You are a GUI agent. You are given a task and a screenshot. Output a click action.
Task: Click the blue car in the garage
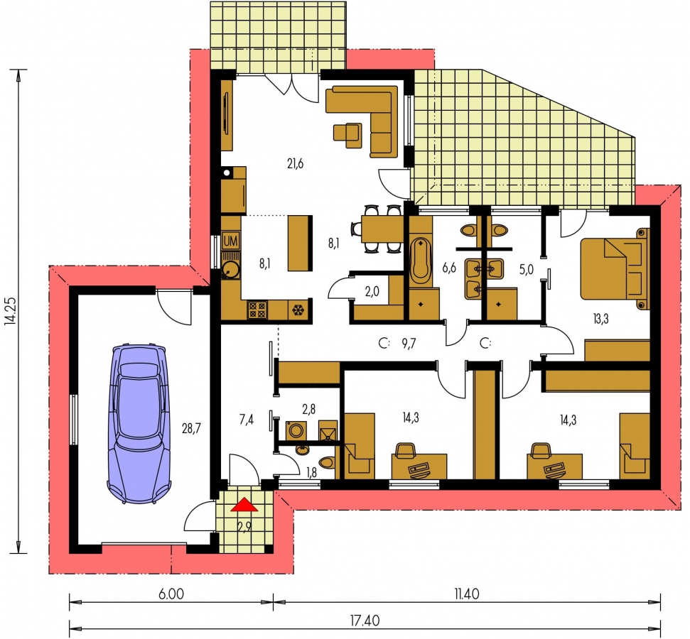pyautogui.click(x=139, y=424)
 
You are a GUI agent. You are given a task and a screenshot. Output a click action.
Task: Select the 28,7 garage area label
pyautogui.click(x=191, y=427)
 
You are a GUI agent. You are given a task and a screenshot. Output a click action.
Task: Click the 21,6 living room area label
pyautogui.click(x=296, y=164)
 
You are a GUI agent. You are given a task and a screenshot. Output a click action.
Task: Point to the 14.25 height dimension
pyautogui.click(x=11, y=312)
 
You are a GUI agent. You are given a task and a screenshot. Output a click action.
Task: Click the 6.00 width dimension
pyautogui.click(x=171, y=594)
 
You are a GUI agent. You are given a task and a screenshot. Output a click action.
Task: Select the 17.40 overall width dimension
pyautogui.click(x=365, y=621)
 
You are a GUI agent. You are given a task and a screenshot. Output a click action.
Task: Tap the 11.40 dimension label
pyautogui.click(x=466, y=594)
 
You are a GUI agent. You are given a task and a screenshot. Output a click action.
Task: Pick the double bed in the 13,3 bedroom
pyautogui.click(x=615, y=268)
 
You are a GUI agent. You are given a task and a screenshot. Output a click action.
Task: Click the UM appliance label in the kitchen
pyautogui.click(x=230, y=241)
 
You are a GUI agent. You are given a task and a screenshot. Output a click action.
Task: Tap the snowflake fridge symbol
pyautogui.click(x=298, y=310)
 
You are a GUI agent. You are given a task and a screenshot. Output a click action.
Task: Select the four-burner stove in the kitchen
pyautogui.click(x=257, y=309)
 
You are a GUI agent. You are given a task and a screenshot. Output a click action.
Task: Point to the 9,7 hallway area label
pyautogui.click(x=409, y=344)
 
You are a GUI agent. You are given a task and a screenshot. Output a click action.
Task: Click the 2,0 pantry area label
pyautogui.click(x=372, y=292)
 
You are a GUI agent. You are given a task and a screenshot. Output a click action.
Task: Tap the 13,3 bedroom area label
pyautogui.click(x=600, y=319)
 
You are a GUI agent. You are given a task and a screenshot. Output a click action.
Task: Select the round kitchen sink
pyautogui.click(x=230, y=269)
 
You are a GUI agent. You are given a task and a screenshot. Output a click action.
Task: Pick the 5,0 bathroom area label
pyautogui.click(x=527, y=269)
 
